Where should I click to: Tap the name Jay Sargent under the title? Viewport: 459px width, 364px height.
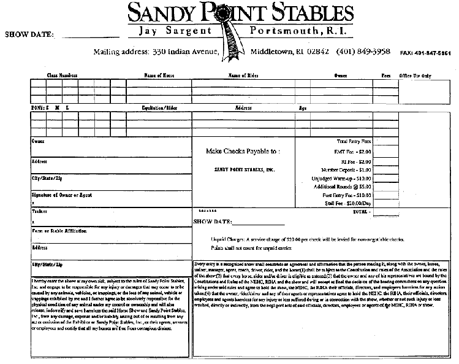pyautogui.click(x=175, y=30)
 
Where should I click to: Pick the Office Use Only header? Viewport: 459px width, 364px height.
pyautogui.click(x=416, y=76)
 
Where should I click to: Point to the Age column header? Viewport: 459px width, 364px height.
pyautogui.click(x=302, y=107)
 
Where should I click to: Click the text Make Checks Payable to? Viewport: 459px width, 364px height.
pyautogui.click(x=244, y=150)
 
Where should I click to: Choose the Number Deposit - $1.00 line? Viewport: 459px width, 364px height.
pyautogui.click(x=346, y=169)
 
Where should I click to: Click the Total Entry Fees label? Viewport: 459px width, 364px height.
pyautogui.click(x=353, y=141)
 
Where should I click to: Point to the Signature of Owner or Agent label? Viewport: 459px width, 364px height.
pyautogui.click(x=62, y=195)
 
